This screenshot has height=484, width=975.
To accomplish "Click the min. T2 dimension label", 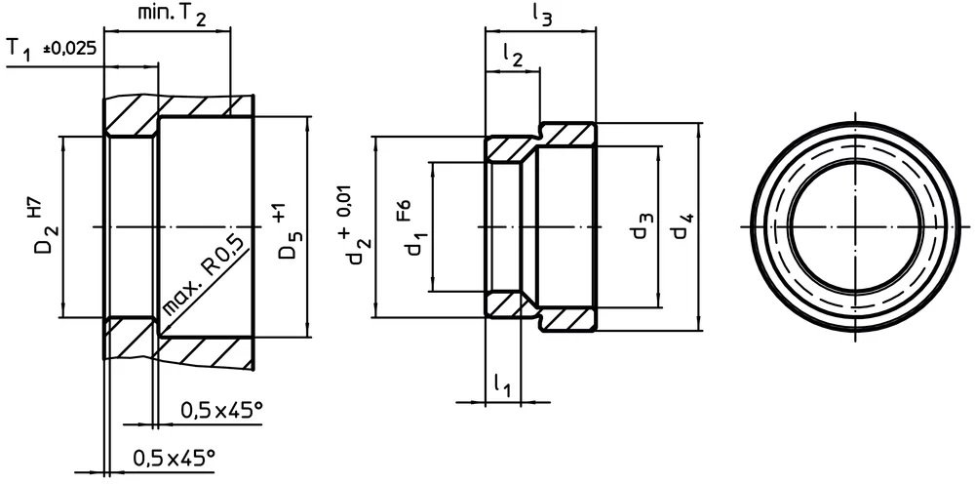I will click(167, 15).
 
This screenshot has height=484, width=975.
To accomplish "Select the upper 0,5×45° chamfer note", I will click(221, 411).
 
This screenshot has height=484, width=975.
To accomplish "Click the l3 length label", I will click(541, 14).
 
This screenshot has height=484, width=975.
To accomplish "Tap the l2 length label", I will click(513, 57).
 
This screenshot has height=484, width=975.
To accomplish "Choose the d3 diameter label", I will click(640, 227).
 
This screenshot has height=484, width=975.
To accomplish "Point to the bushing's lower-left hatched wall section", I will click(506, 303).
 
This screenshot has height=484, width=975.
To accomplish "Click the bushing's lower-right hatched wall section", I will click(567, 320).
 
